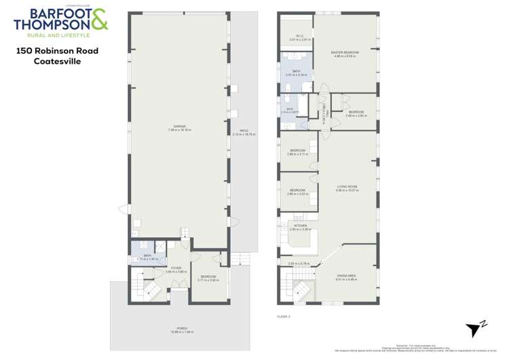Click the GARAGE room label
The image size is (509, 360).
click(x=179, y=126)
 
